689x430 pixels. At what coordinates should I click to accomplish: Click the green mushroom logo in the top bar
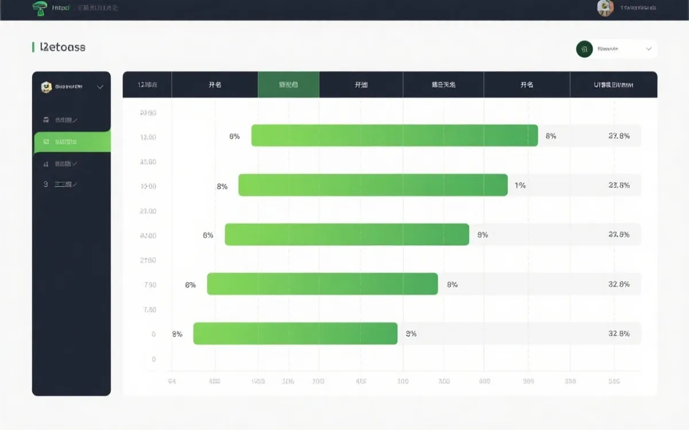pos(40,8)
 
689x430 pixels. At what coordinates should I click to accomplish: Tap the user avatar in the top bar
pos(605,8)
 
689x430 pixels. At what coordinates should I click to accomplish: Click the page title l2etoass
pos(63,47)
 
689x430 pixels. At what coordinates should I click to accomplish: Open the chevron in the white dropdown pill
pos(649,49)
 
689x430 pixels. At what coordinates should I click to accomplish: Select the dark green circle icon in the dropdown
pos(584,49)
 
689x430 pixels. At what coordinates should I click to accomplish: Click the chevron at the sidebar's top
pos(100,87)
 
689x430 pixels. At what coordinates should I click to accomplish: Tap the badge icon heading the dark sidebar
pos(47,87)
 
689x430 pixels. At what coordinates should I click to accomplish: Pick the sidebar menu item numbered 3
pos(60,185)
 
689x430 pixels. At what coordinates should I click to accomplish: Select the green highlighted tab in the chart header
pos(288,85)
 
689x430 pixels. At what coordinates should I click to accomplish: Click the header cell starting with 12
pos(148,85)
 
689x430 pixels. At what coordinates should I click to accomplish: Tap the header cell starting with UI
pos(613,85)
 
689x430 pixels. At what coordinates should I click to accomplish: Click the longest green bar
pos(394,136)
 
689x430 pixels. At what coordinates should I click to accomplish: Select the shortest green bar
pos(295,334)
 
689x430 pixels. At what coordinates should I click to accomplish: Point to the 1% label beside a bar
pos(520,185)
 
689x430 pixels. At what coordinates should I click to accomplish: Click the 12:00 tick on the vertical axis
pos(148,137)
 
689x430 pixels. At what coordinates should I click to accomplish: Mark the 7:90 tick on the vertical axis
pos(149,285)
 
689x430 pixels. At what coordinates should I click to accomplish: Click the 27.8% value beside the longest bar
pos(619,136)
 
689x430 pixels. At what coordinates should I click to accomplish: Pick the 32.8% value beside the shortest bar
pos(619,334)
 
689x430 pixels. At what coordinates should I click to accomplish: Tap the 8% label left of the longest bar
pos(234,136)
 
